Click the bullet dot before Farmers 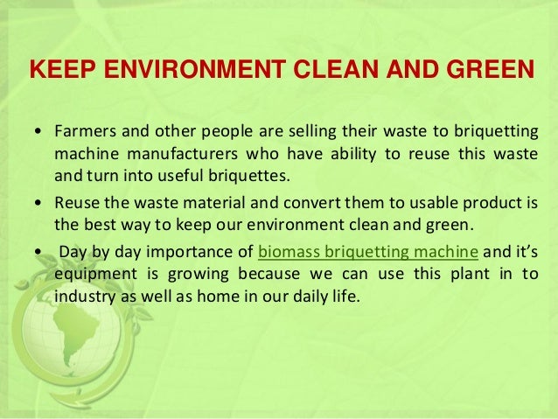[x=36, y=135]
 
